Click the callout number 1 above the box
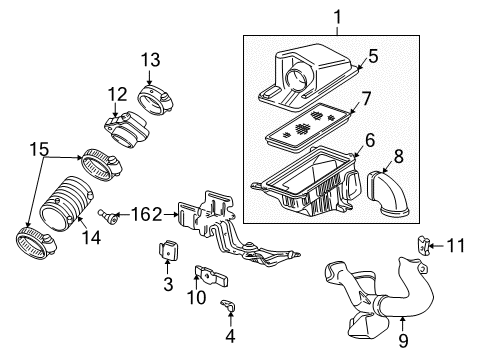pyautogui.click(x=336, y=18)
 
